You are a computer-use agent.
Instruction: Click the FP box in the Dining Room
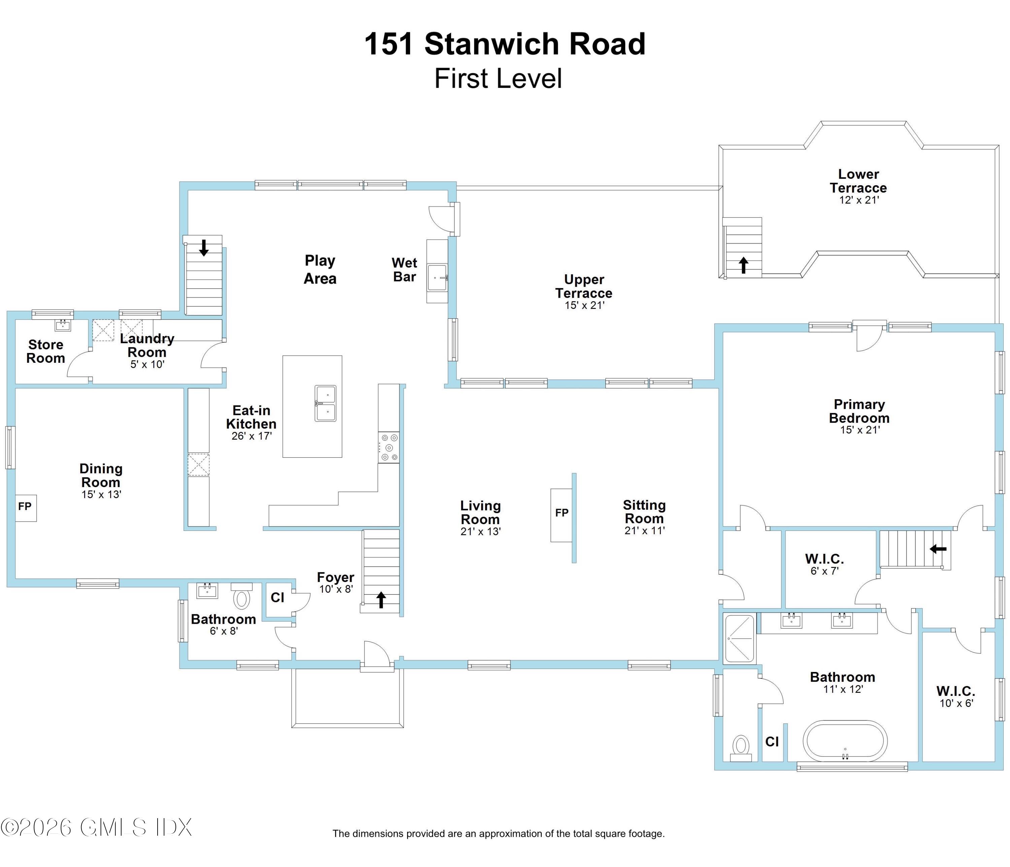[25, 507]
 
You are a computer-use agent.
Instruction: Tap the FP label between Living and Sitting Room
[562, 513]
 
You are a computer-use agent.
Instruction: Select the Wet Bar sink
[437, 278]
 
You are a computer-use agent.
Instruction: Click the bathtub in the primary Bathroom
[845, 741]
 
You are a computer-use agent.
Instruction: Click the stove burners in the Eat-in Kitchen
[389, 448]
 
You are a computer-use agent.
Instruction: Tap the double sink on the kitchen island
[325, 403]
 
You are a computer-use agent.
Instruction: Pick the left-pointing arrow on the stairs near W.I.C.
[938, 549]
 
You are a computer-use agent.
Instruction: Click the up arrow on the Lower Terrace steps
[743, 265]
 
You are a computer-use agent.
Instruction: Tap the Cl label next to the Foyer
[277, 598]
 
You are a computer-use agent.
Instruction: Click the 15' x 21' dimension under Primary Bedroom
[860, 430]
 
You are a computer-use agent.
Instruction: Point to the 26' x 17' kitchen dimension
[251, 437]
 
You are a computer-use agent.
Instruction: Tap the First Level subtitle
[498, 79]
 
